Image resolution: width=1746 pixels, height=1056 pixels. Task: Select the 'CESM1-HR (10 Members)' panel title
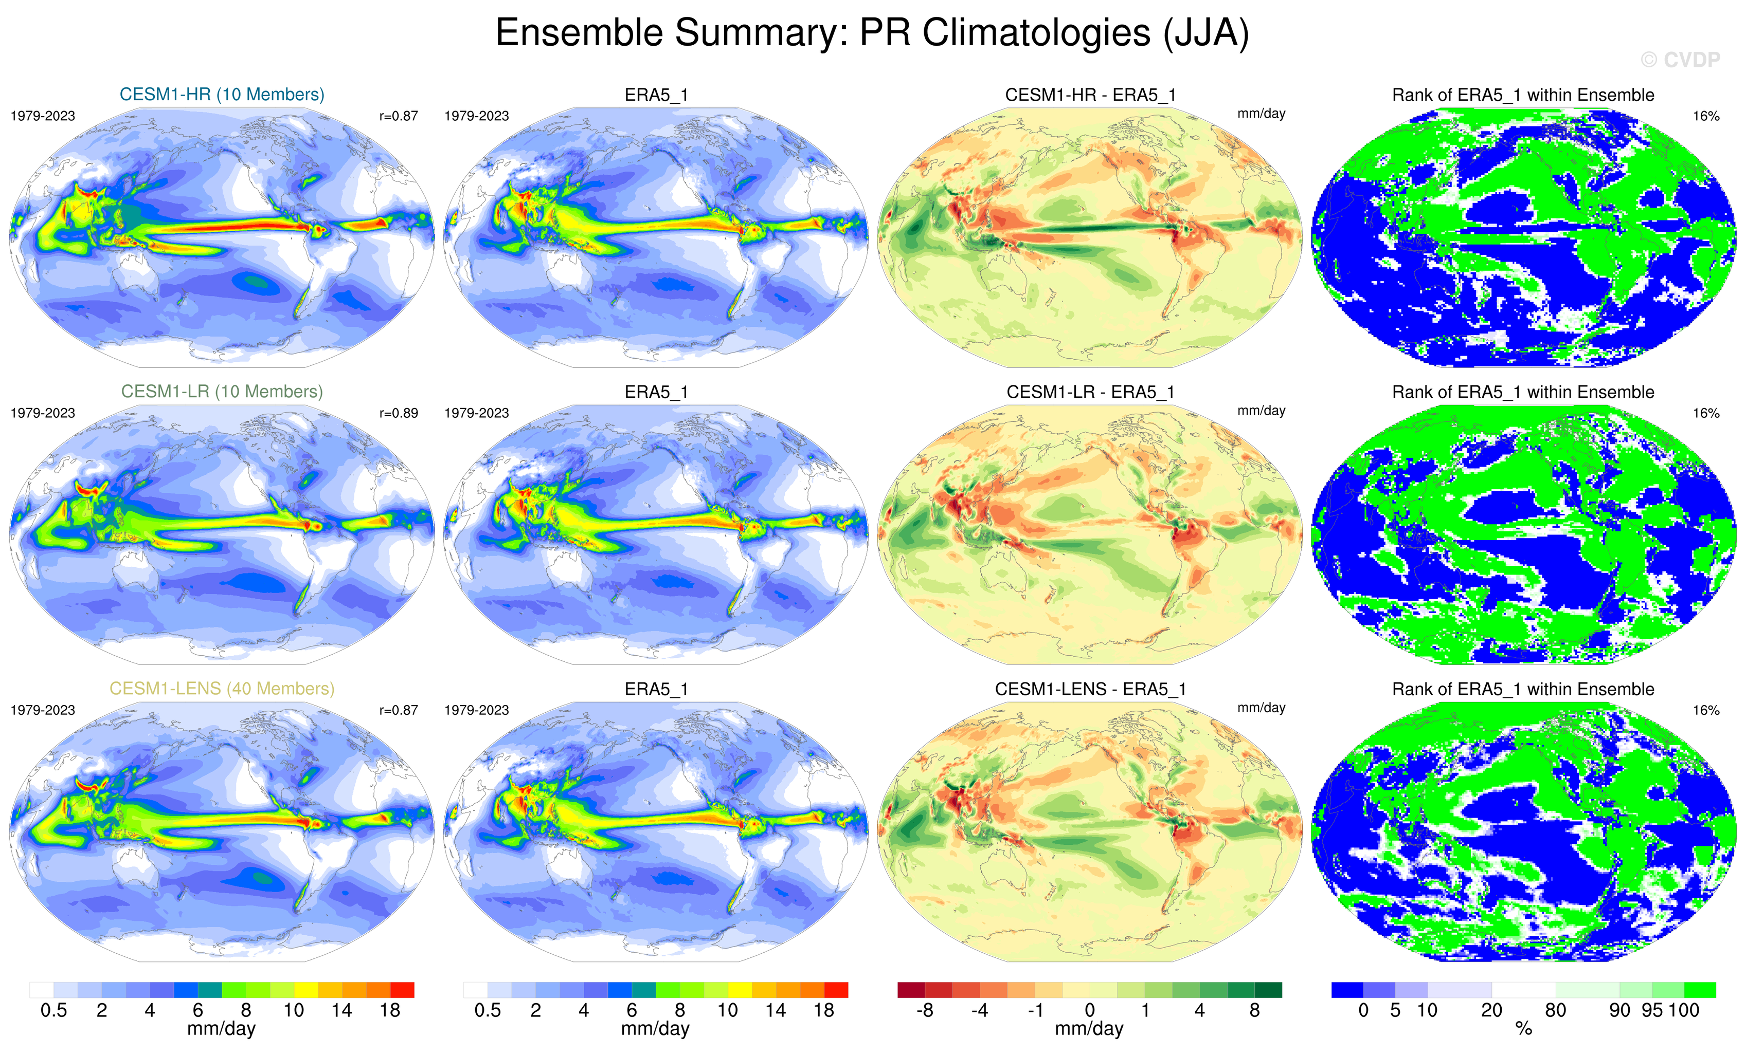pos(222,94)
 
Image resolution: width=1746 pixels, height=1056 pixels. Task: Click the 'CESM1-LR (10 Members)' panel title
pos(222,391)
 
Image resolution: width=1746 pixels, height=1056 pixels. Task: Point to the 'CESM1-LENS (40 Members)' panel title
pos(222,689)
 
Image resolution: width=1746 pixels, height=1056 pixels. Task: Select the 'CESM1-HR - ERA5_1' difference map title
pos(1090,95)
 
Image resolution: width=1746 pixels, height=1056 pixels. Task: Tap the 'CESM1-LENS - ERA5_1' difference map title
pos(1090,689)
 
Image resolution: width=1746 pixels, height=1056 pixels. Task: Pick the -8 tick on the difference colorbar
pos(924,1010)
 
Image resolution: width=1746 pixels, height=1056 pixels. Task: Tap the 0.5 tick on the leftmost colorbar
pos(54,1010)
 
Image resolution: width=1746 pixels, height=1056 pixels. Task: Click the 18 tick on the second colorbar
pos(823,1010)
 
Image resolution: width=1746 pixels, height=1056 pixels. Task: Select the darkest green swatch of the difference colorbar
pos(1268,989)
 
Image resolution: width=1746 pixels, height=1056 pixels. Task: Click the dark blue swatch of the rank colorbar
pos(1347,989)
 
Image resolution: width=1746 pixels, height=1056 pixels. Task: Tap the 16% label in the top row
pos(1705,116)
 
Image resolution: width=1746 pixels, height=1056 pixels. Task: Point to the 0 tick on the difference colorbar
pos(1090,1010)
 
